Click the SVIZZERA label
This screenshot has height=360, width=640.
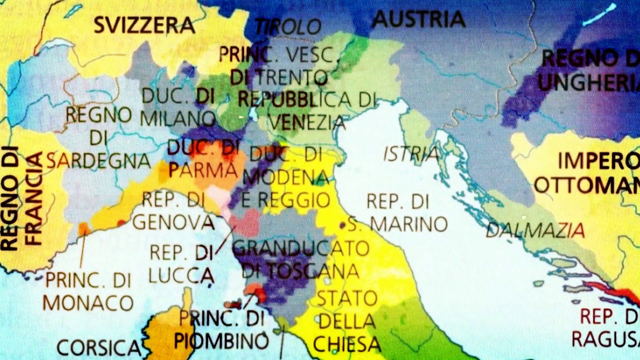coord(144,25)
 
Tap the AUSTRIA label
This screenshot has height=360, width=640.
coord(418,19)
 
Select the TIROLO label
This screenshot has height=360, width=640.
coord(288,27)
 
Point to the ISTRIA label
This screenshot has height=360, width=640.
coord(411,154)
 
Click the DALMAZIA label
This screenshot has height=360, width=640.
coord(535,230)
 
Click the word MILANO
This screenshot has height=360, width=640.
coord(177,118)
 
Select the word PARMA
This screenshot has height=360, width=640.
coord(202,170)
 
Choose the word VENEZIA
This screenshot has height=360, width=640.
coord(307,122)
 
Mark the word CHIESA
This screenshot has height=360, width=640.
coord(346,344)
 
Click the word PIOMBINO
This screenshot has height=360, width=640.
coord(221,341)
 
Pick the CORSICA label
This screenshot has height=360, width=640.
coord(98,347)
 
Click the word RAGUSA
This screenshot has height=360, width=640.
coord(605,338)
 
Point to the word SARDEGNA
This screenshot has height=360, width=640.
coord(98,160)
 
